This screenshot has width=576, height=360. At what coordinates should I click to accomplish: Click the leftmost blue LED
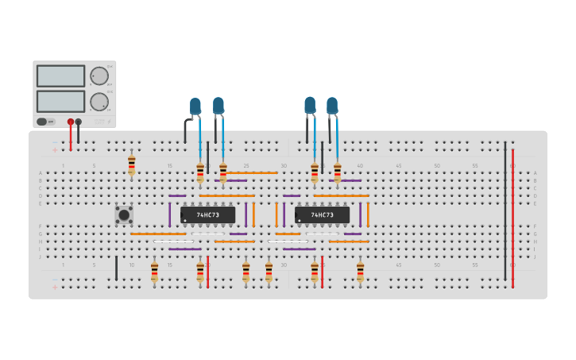pyautogui.click(x=195, y=106)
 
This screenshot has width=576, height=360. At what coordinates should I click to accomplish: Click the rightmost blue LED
pyautogui.click(x=332, y=105)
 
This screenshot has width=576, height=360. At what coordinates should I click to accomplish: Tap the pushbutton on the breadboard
pyautogui.click(x=124, y=215)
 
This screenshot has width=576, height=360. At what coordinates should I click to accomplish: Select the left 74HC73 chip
pyautogui.click(x=207, y=215)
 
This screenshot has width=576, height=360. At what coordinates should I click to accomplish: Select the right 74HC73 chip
pyautogui.click(x=322, y=215)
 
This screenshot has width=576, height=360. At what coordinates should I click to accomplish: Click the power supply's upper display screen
pyautogui.click(x=60, y=76)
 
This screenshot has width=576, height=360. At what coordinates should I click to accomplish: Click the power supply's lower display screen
pyautogui.click(x=60, y=101)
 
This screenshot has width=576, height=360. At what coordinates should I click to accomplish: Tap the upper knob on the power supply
pyautogui.click(x=99, y=76)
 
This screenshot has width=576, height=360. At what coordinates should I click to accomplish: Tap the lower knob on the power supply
pyautogui.click(x=99, y=102)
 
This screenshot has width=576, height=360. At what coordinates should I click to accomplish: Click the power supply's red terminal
pyautogui.click(x=71, y=122)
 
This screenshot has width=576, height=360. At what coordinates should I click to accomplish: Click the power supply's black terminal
pyautogui.click(x=78, y=122)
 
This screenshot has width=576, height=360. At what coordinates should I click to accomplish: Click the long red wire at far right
pyautogui.click(x=512, y=215)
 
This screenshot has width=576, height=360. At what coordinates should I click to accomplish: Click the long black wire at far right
pyautogui.click(x=504, y=211)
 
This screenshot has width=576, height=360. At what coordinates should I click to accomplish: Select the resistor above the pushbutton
pyautogui.click(x=132, y=165)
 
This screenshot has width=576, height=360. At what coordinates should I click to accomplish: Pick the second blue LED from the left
pyautogui.click(x=218, y=105)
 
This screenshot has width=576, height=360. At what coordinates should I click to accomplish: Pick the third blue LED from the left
pyautogui.click(x=310, y=105)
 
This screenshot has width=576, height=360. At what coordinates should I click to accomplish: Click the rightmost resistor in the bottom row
pyautogui.click(x=360, y=272)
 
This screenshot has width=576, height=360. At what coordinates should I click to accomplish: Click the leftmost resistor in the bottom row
pyautogui.click(x=154, y=272)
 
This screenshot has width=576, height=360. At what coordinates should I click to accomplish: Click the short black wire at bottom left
pyautogui.click(x=116, y=268)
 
